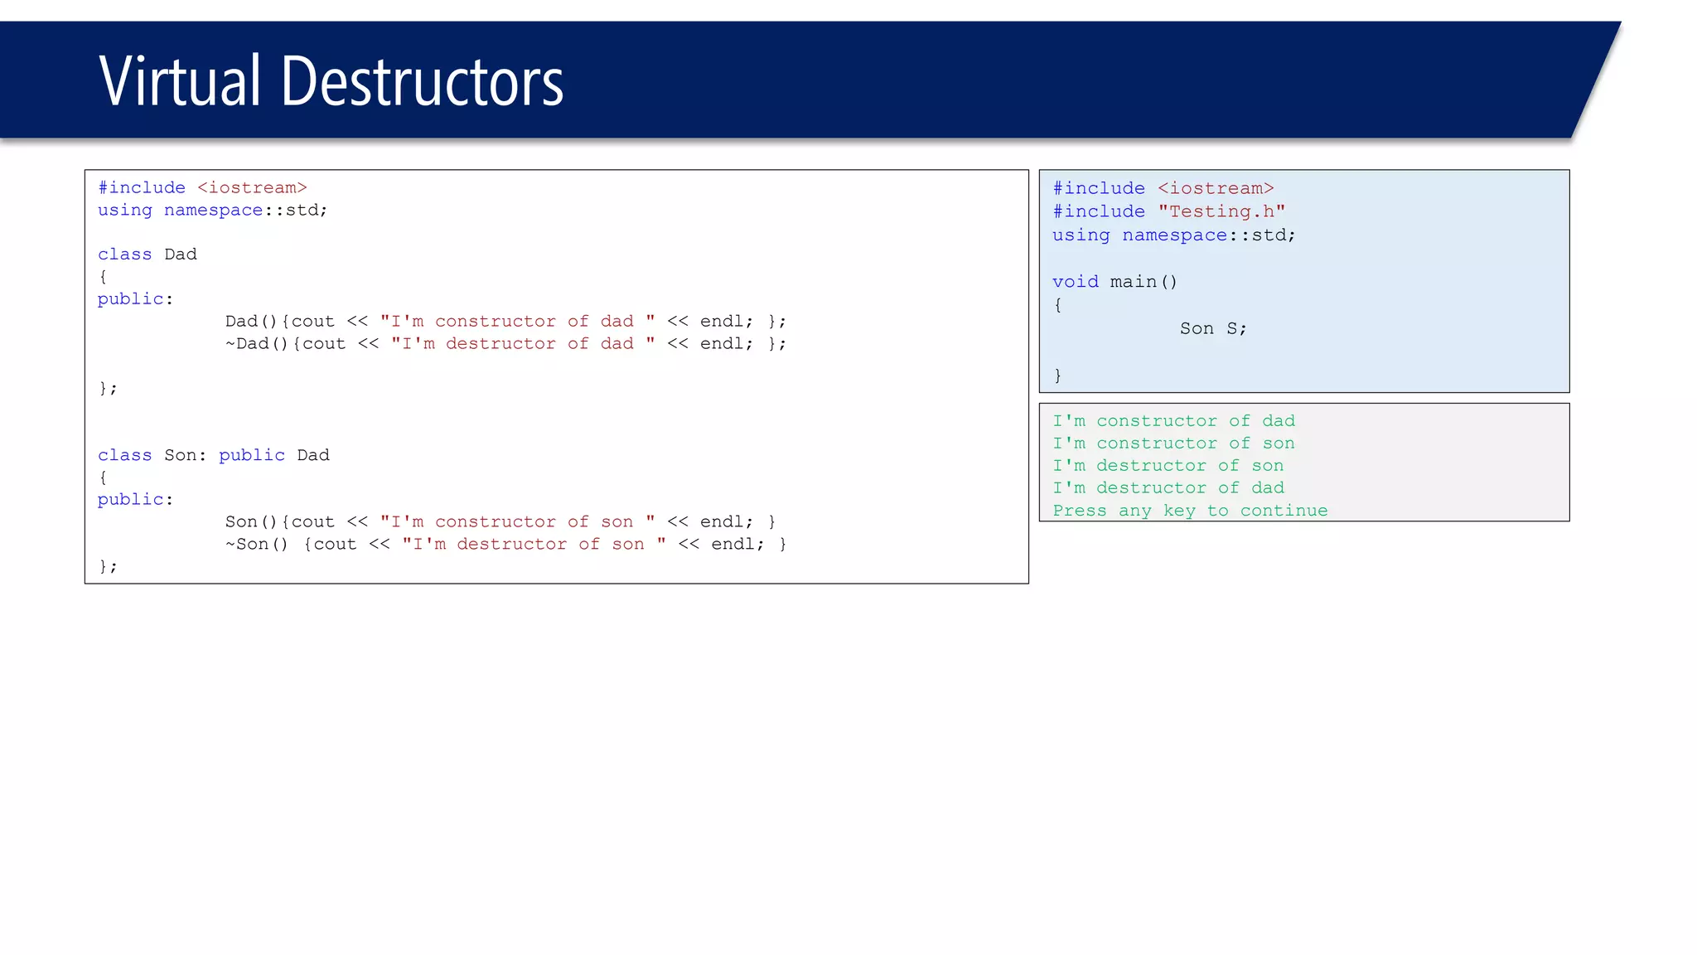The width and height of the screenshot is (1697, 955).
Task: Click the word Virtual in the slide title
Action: pos(180,81)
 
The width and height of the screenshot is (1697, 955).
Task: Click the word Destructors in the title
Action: pos(422,81)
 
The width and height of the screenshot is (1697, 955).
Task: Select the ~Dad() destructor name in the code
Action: pos(256,344)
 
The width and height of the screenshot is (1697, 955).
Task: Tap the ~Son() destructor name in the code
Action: pos(256,545)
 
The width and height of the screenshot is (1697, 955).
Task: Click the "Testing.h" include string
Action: pos(1221,212)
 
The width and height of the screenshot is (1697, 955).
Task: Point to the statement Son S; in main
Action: pos(1212,329)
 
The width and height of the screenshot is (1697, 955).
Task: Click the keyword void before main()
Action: pos(1075,282)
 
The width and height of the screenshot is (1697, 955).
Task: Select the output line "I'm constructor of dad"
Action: pos(1173,421)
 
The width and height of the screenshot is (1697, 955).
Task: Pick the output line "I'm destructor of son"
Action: pos(1168,466)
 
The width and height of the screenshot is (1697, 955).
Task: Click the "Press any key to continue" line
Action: pos(1190,511)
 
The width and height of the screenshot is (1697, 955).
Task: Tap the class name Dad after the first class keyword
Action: pos(181,255)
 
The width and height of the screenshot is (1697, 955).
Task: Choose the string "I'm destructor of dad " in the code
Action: pos(523,344)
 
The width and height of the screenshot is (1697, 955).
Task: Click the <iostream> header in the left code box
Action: pos(252,188)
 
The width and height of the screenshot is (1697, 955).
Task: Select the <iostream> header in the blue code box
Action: pos(1216,189)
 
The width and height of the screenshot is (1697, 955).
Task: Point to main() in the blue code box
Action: pos(1143,282)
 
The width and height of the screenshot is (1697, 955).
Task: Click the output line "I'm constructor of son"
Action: pos(1173,444)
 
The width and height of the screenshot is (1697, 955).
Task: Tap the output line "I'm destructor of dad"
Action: pos(1168,488)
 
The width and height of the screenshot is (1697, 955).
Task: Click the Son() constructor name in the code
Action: pos(251,522)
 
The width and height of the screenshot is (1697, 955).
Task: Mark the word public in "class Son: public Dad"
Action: pos(252,455)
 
